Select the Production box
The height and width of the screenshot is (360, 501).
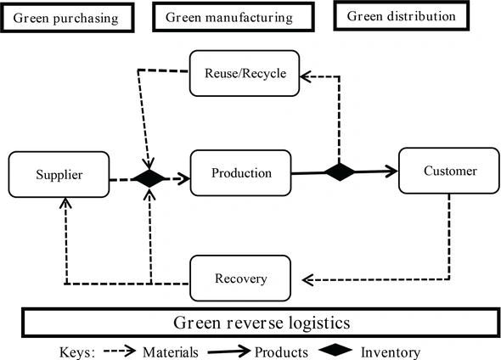241,173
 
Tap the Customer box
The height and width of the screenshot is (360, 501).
449,171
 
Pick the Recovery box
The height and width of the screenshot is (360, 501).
241,278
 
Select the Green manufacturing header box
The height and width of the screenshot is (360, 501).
228,17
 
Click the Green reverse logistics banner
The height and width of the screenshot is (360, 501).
260,323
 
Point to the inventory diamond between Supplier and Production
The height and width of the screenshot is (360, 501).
150,178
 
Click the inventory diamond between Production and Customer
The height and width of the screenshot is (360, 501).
339,172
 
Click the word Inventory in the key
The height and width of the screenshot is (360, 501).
389,350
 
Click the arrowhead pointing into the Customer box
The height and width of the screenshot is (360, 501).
391,171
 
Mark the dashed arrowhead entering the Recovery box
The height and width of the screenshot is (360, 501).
309,278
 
